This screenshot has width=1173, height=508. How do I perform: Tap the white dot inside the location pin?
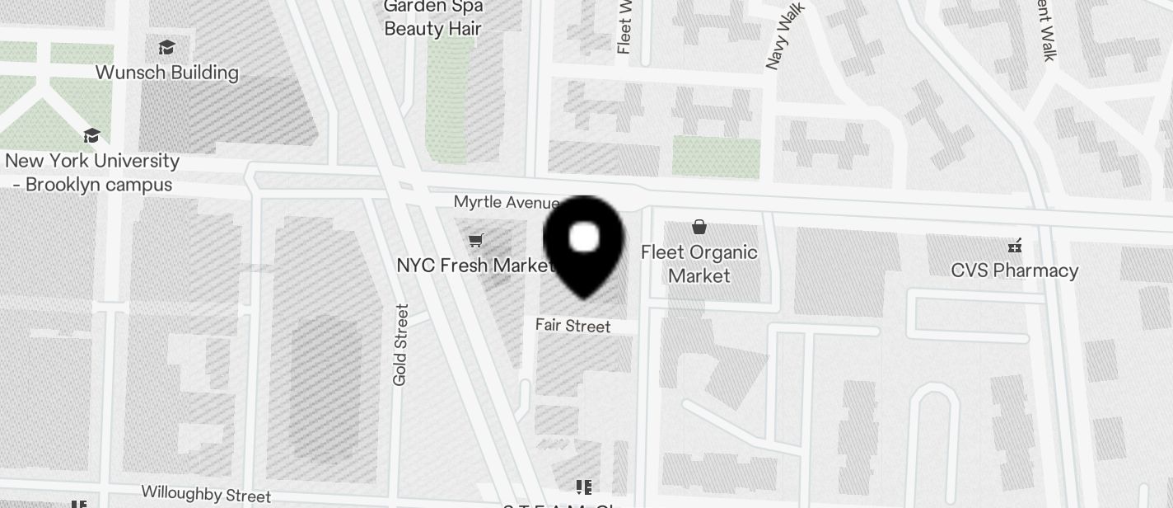coord(584,238)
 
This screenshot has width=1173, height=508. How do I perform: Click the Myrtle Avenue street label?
coord(506,202)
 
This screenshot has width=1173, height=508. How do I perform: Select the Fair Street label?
coord(572,326)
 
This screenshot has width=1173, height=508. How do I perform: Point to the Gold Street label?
coord(400,345)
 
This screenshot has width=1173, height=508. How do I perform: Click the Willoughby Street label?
coord(206,494)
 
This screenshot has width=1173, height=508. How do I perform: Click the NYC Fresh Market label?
coord(475,266)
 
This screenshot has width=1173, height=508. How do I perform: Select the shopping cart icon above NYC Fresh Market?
coord(475,240)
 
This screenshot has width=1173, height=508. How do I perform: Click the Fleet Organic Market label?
coord(699,263)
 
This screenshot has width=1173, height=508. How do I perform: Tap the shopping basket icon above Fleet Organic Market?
coord(699,227)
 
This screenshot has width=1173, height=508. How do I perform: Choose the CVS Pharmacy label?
coord(1014,270)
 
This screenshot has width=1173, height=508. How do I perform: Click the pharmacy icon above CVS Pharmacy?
coord(1015,245)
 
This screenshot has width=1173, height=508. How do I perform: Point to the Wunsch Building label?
coord(167,73)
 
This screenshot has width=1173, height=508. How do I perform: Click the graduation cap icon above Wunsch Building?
coord(167,47)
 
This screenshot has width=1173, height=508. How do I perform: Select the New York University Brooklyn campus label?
coord(92,172)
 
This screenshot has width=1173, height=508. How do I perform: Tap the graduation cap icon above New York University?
coord(91,135)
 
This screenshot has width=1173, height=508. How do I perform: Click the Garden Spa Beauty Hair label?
coord(433,18)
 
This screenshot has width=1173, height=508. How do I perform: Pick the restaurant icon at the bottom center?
coord(584,487)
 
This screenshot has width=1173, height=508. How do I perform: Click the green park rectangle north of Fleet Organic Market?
coord(715,157)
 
